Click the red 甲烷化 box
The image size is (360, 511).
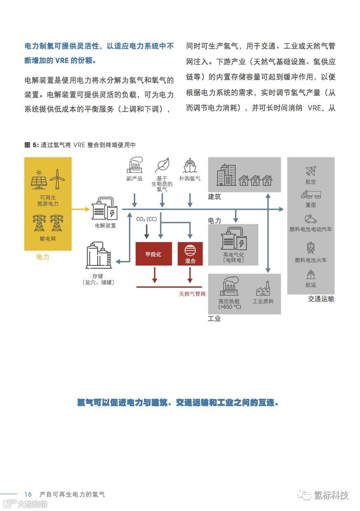tap(154, 254)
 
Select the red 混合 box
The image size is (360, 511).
tap(190, 254)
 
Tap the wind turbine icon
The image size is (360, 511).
tap(57, 179)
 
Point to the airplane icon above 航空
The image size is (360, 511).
tap(311, 171)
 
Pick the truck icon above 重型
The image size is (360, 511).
tap(311, 195)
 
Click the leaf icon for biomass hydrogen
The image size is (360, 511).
tap(162, 165)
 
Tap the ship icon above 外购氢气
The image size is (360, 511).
tap(189, 166)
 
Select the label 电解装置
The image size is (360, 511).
tap(105, 226)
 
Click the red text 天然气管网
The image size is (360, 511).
tap(192, 294)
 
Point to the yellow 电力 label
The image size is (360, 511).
tap(43, 257)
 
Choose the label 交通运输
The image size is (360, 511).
tap(321, 299)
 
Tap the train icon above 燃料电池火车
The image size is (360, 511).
tap(311, 248)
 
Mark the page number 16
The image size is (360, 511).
tap(28, 494)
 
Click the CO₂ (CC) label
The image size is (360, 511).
tap(146, 219)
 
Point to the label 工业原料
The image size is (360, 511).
tap(263, 301)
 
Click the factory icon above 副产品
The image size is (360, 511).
tap(135, 165)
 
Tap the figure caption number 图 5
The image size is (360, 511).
tap(31, 145)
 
